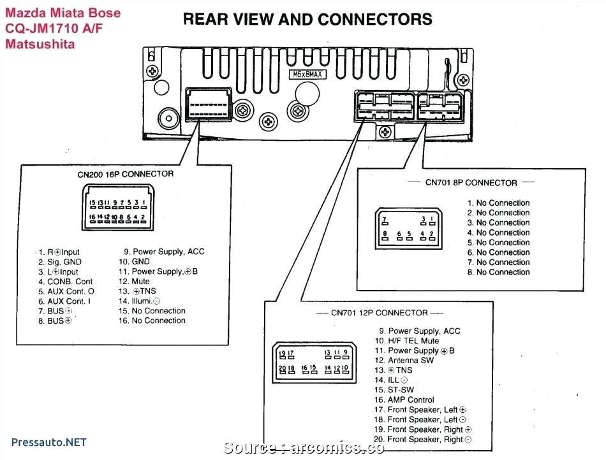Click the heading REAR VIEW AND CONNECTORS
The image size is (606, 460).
(x=307, y=19)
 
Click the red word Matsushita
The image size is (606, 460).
(x=40, y=44)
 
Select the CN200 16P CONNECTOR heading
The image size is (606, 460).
(x=121, y=174)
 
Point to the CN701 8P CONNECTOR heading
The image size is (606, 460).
(x=471, y=183)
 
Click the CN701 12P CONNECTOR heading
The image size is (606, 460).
(x=379, y=313)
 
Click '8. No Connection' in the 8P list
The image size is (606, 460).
(x=498, y=272)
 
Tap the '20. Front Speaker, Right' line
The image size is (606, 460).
(x=423, y=440)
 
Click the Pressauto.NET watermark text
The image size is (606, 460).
(x=49, y=442)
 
